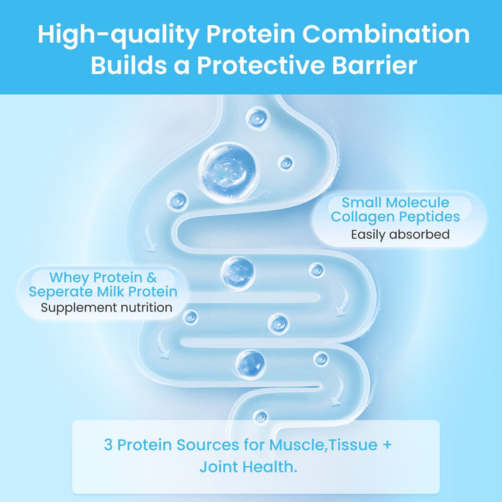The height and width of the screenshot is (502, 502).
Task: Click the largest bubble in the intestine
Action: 225,169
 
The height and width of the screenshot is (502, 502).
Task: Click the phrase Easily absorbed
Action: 400,234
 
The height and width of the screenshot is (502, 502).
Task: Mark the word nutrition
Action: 143,307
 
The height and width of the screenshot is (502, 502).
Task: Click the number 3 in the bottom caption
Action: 109,444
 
